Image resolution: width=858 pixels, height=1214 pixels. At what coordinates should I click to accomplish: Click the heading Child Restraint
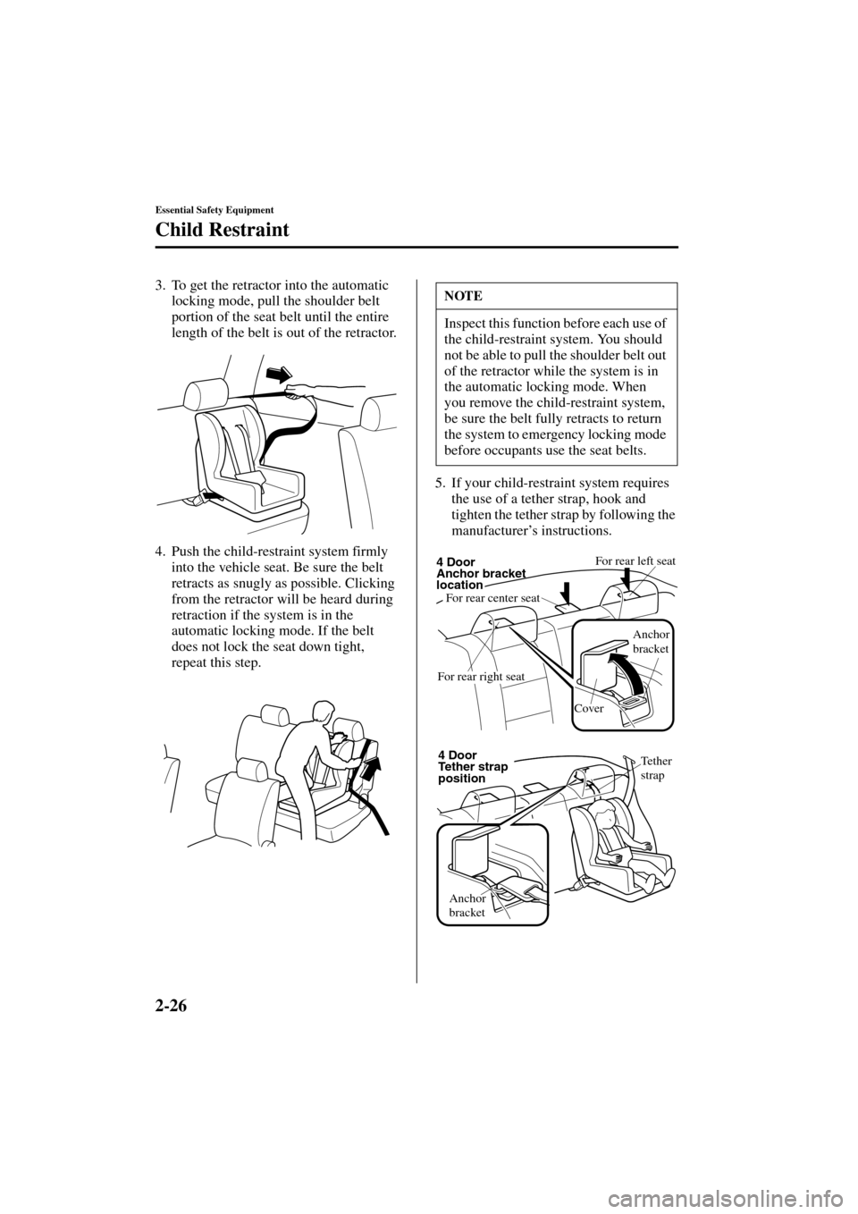pos(222,230)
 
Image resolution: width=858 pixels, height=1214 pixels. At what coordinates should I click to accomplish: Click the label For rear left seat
pos(635,561)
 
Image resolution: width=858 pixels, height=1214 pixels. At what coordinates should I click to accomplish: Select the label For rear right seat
pos(481,677)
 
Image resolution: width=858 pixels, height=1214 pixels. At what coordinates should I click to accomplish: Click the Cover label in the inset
pos(589,707)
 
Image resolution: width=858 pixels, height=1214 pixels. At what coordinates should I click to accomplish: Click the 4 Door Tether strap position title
pos(473,767)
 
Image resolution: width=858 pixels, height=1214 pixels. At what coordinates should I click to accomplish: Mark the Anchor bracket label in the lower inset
pos(467,905)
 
